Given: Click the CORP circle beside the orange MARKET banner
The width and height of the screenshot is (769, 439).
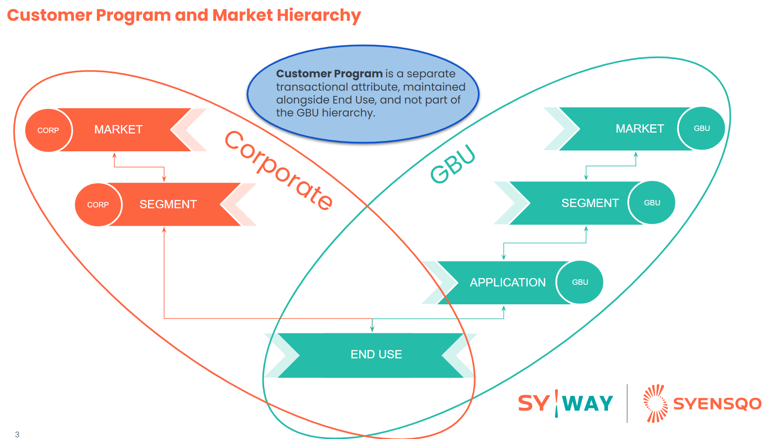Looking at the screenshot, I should coord(48,130).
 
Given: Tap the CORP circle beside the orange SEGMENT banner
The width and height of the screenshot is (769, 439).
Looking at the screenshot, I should coord(98,205).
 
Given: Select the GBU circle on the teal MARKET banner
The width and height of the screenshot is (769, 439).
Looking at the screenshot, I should coord(702,128).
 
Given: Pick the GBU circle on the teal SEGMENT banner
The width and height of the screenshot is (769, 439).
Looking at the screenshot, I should coord(652,203).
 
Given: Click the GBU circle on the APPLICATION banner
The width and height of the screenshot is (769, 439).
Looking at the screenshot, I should coord(580,282).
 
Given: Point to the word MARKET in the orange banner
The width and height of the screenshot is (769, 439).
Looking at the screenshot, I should coord(118,130).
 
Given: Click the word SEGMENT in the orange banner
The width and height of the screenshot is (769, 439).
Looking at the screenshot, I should coord(168,205).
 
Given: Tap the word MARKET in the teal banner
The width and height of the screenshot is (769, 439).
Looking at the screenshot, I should coord(640,129).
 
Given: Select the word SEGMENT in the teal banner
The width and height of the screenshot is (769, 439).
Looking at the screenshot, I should coord(590,203).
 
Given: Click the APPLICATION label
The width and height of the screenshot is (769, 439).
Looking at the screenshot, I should coord(507,283).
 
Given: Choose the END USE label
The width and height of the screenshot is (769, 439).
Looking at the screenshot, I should coord(376,354).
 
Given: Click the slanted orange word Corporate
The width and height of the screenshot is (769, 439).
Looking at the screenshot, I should coord(278,170).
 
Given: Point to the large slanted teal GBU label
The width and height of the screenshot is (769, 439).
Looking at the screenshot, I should coord(452,164).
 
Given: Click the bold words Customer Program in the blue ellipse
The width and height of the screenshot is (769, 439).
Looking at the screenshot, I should coord(329,74).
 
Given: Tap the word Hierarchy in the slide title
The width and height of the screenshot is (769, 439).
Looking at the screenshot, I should coord(319,15).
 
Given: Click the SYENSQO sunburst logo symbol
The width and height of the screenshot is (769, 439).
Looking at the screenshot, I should coord(655,403).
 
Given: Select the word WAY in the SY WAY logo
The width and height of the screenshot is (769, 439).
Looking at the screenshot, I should coord(588,404).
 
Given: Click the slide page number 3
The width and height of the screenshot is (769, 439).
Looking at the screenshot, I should coord(17,434).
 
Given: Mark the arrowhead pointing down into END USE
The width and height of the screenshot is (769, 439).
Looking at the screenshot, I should coord(372,329).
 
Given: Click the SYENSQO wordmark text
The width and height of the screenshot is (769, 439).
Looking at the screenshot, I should coord(717,404).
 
